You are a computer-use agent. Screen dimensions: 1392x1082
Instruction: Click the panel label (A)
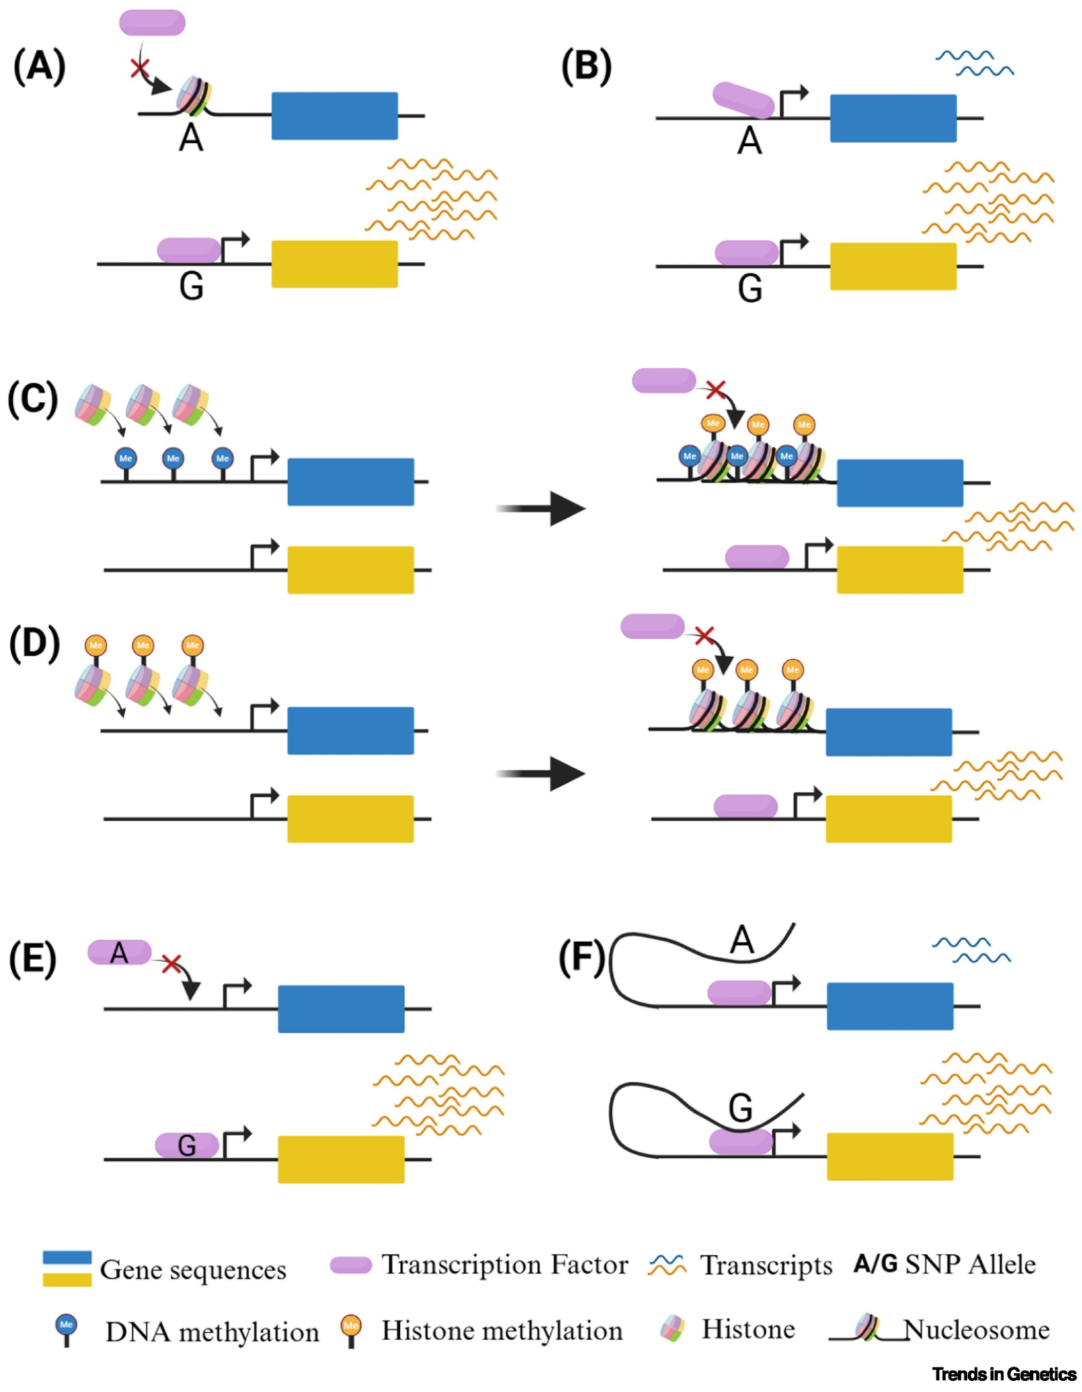(40, 68)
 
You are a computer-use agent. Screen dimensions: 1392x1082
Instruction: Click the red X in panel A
(140, 68)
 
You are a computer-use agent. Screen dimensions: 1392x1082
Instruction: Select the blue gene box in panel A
(334, 116)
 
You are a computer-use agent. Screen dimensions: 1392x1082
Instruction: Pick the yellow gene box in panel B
(893, 266)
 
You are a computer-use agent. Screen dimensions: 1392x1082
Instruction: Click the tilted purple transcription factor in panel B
(743, 100)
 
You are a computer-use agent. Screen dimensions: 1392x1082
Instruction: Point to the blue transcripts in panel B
(974, 63)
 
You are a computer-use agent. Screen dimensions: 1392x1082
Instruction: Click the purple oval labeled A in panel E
(119, 952)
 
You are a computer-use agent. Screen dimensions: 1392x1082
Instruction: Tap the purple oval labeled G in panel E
(186, 1145)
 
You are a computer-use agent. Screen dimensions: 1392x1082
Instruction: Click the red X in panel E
(171, 964)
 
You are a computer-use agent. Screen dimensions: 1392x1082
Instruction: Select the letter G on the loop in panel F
(740, 1108)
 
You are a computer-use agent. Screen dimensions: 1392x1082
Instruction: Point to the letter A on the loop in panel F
(742, 940)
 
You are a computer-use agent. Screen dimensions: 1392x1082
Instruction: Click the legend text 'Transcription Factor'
(504, 1265)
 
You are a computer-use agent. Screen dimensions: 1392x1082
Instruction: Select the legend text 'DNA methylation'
(212, 1332)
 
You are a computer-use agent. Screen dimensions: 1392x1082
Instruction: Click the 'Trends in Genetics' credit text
(1004, 1374)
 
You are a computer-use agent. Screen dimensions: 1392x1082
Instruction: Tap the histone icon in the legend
(671, 1329)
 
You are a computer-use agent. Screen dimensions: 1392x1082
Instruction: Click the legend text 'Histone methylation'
(502, 1331)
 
